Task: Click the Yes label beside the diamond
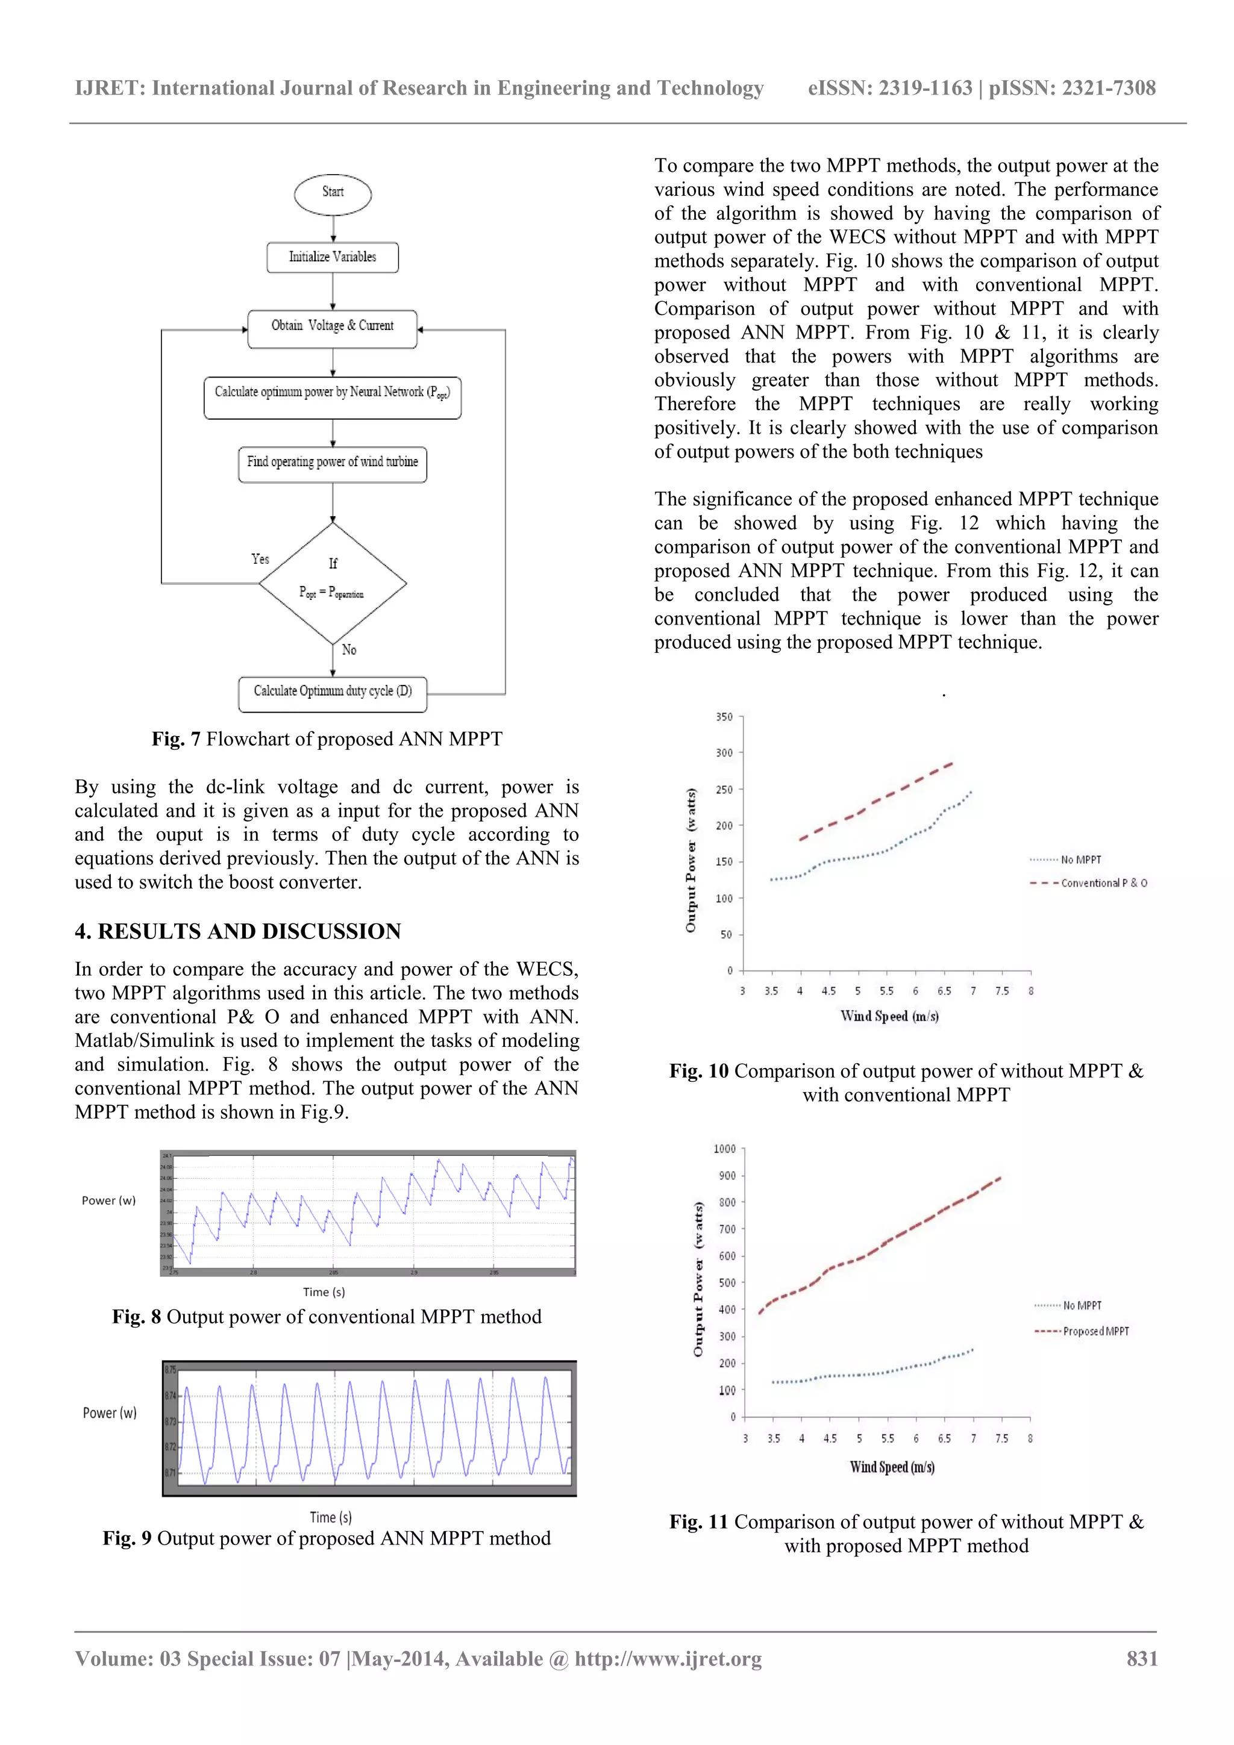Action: [260, 558]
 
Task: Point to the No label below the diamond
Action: [349, 650]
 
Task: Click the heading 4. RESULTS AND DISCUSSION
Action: [238, 931]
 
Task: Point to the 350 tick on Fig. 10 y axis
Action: [724, 717]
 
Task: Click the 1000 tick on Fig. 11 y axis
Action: [724, 1149]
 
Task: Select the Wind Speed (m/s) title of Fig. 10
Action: [889, 1016]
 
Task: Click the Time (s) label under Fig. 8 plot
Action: [324, 1292]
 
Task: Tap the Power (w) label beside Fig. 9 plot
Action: [110, 1413]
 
